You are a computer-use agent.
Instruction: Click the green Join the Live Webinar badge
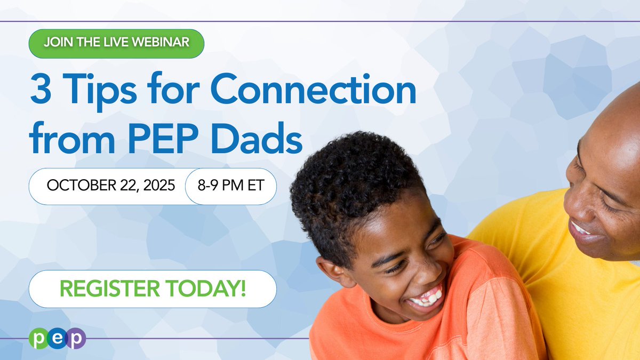[116, 41]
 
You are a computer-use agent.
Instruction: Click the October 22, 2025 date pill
[111, 186]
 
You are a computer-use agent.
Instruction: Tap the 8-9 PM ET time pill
[231, 186]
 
